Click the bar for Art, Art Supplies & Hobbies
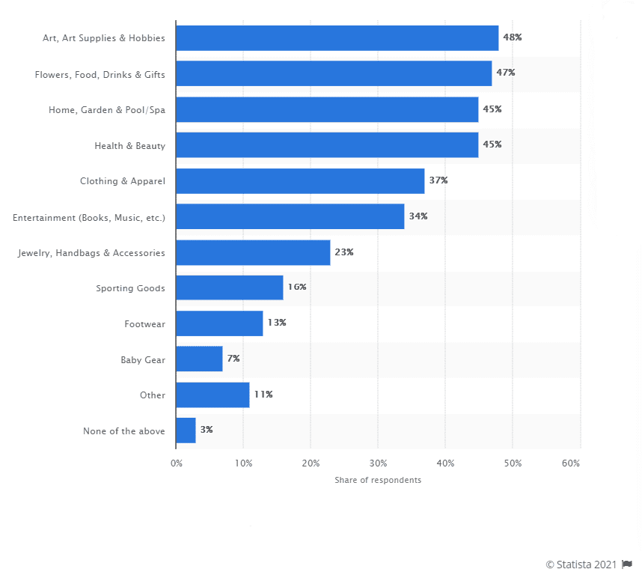(337, 37)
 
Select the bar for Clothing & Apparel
(300, 180)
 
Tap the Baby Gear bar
(199, 359)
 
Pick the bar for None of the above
(186, 431)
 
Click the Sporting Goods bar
(230, 287)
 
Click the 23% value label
(344, 252)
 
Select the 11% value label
(263, 395)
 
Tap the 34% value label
(418, 216)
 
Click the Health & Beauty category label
(129, 145)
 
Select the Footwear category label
(144, 324)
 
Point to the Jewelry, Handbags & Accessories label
(91, 253)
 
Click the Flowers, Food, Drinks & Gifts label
(100, 74)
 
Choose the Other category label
(152, 395)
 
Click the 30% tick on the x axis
(378, 464)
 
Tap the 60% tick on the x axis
(571, 464)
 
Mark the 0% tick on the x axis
(177, 464)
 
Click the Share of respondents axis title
(378, 480)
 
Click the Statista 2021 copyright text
(581, 564)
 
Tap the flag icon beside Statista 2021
(627, 564)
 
